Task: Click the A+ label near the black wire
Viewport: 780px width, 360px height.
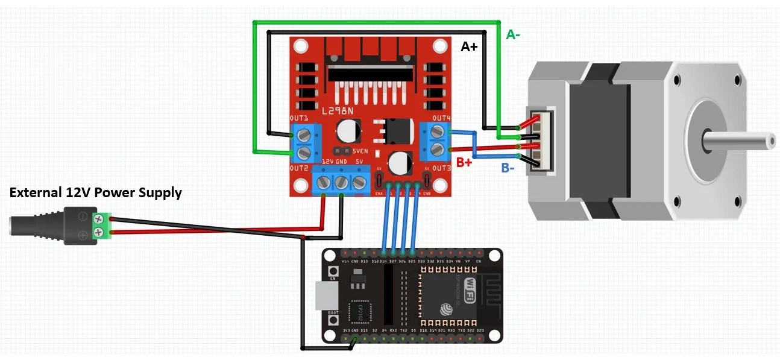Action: pos(469,46)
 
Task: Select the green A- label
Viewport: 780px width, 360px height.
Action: pos(513,35)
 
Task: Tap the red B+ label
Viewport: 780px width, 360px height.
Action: pos(464,162)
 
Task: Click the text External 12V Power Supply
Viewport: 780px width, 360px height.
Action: pos(95,193)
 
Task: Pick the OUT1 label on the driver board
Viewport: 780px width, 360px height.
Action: pos(299,118)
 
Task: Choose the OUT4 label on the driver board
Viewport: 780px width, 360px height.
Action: pos(442,118)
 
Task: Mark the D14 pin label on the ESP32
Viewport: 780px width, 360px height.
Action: pos(383,261)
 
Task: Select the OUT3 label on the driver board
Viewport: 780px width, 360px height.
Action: pos(442,167)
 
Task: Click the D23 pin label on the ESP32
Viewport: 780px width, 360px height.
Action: pos(480,331)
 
